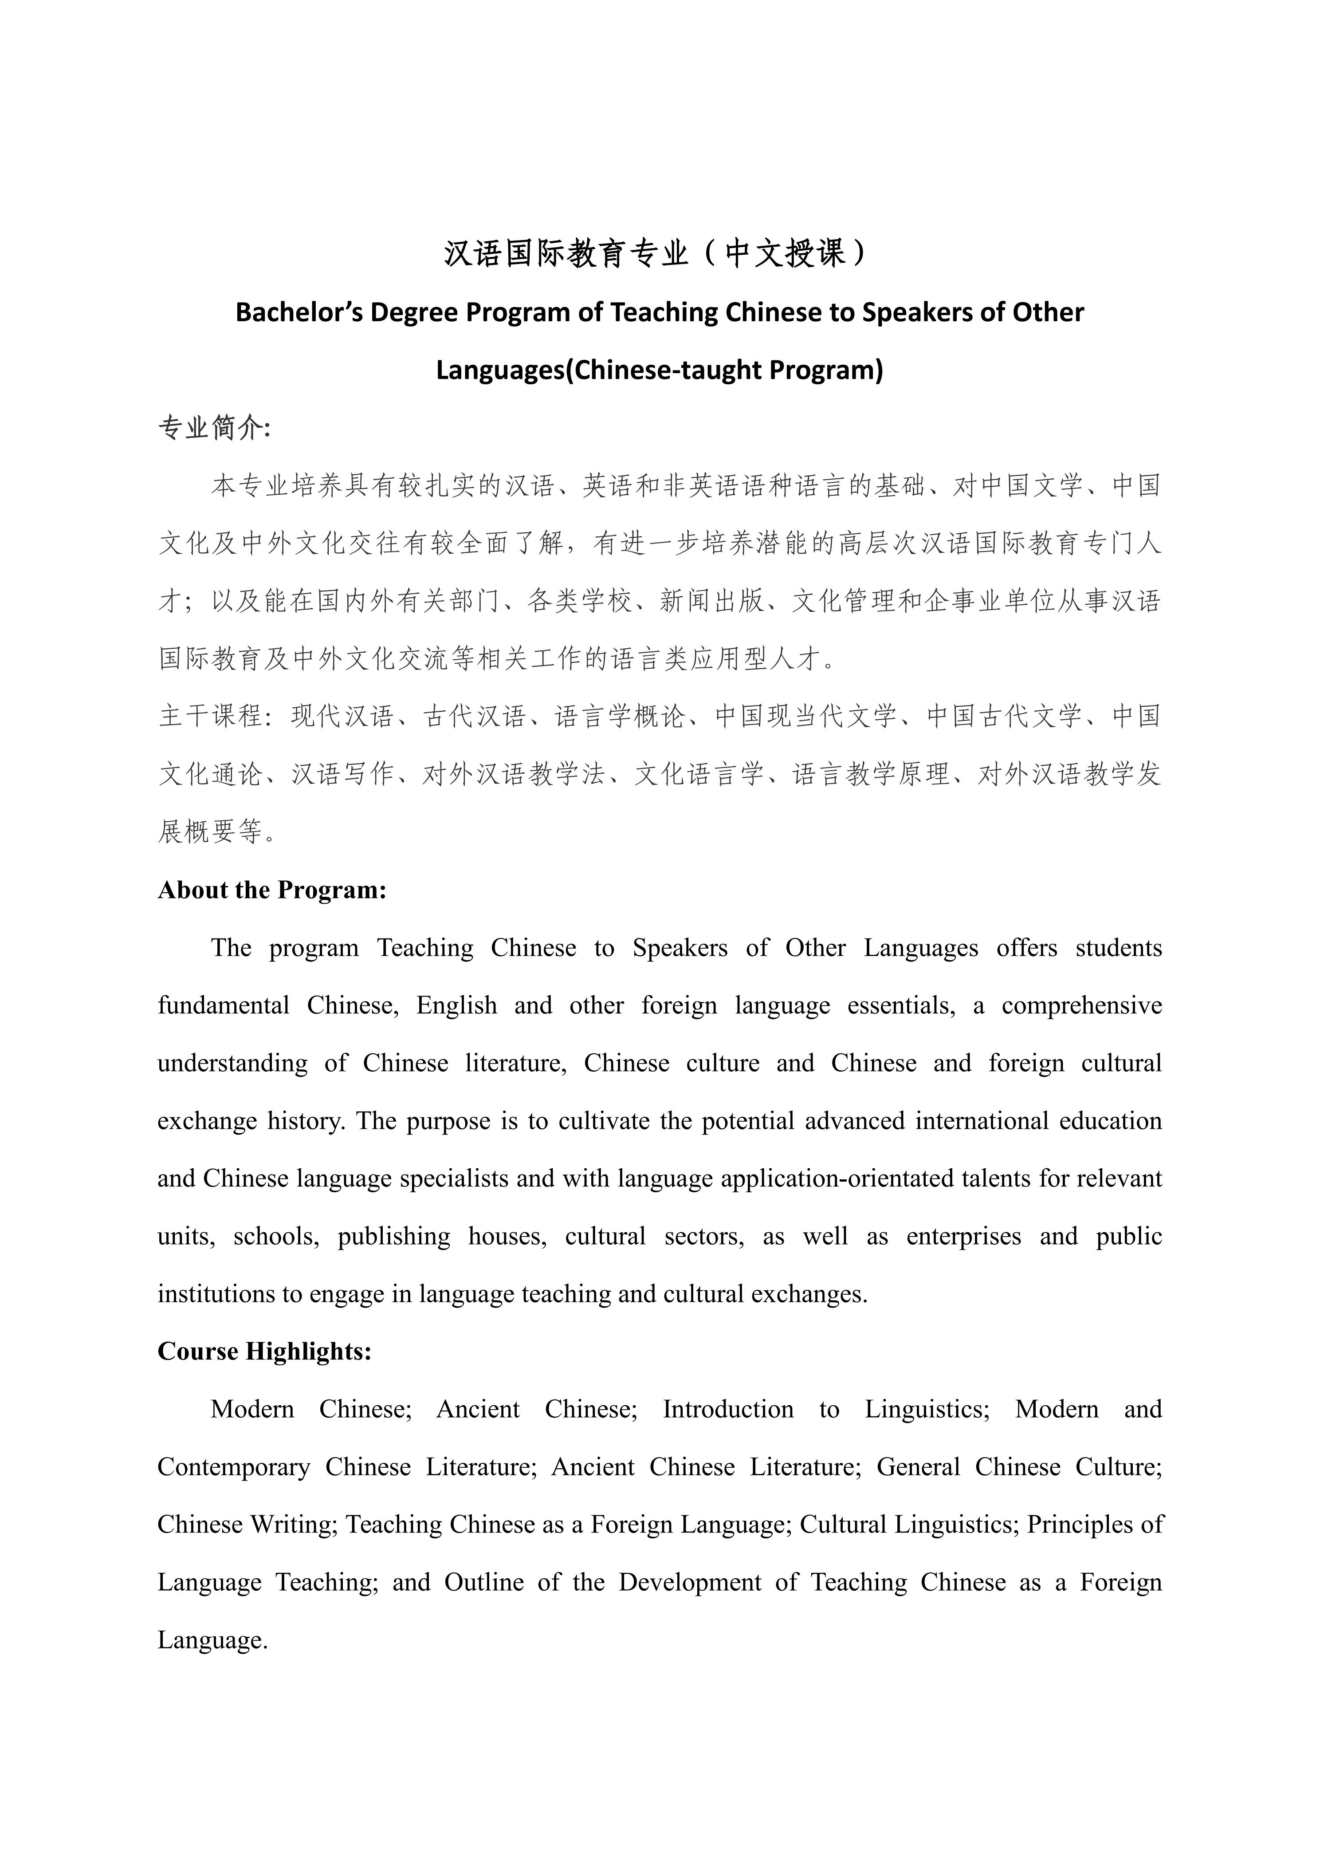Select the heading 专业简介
click(213, 428)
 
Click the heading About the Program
click(271, 890)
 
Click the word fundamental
click(224, 1005)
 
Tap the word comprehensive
click(1081, 1005)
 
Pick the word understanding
click(232, 1064)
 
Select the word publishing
click(393, 1237)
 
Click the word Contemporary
click(233, 1467)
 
